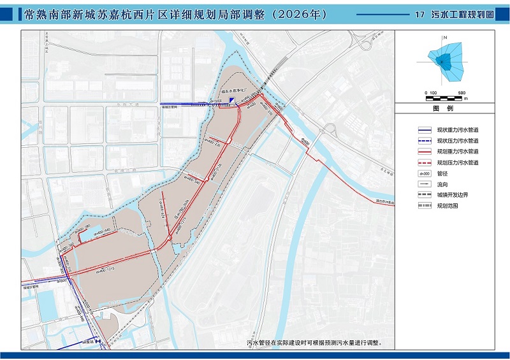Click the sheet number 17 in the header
pyautogui.click(x=419, y=14)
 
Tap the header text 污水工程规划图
pyautogui.click(x=463, y=14)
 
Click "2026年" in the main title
pyautogui.click(x=299, y=14)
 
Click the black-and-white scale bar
pyautogui.click(x=446, y=97)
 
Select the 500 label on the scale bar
pyautogui.click(x=462, y=92)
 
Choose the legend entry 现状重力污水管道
pyautogui.click(x=458, y=129)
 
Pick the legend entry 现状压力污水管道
pyautogui.click(x=458, y=140)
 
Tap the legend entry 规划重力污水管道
pyautogui.click(x=458, y=151)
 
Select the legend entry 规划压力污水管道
pyautogui.click(x=458, y=162)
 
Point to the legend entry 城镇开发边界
pyautogui.click(x=453, y=195)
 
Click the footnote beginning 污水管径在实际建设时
pyautogui.click(x=315, y=342)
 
